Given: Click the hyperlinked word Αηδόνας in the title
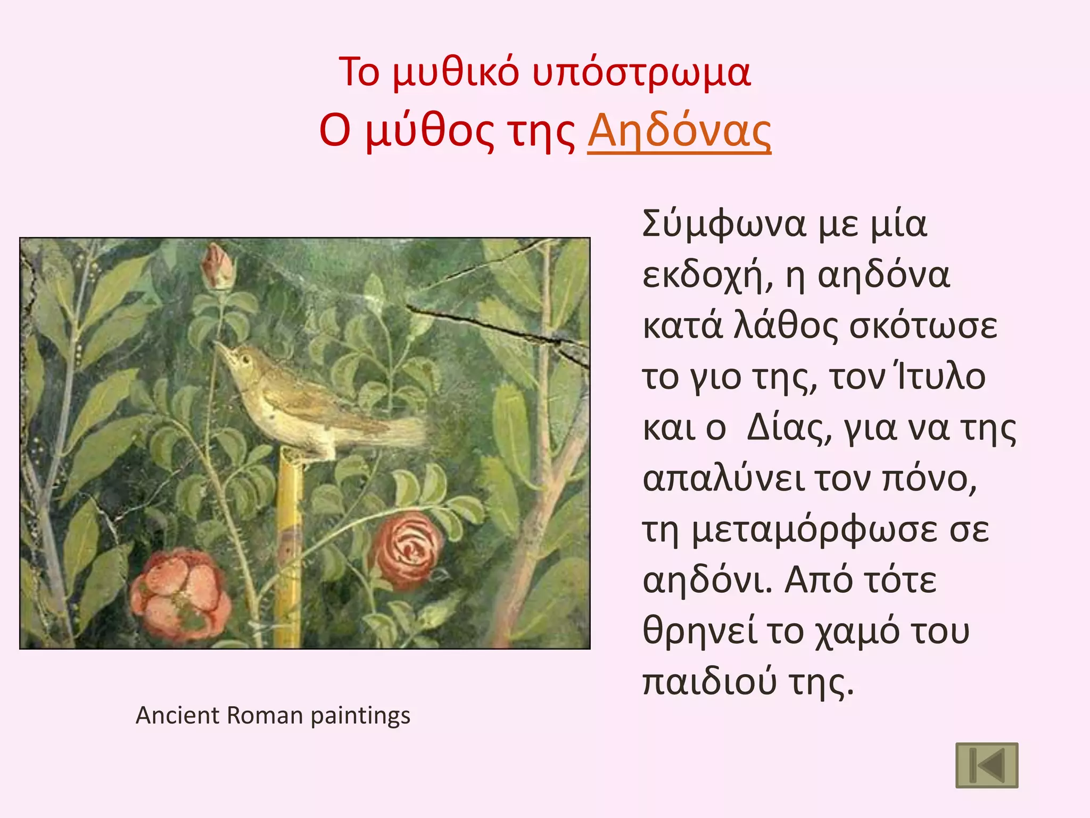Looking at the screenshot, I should point(679,132).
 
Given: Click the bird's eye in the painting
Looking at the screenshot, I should point(246,359).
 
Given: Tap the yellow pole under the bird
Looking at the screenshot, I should point(289,549).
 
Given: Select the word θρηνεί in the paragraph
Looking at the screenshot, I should point(699,631).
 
